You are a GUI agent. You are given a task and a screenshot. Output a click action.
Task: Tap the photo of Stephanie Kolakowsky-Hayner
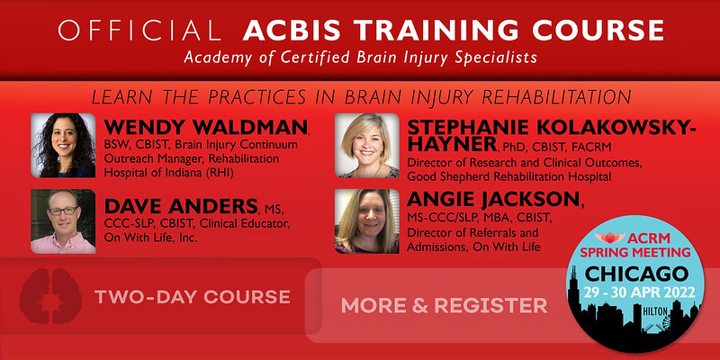[x=367, y=146]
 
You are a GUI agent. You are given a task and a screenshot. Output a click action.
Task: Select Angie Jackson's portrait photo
[x=367, y=221]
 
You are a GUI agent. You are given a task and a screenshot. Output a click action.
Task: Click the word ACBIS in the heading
[x=283, y=31]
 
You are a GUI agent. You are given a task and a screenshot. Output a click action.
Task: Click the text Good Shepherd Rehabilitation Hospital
[x=514, y=178]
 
